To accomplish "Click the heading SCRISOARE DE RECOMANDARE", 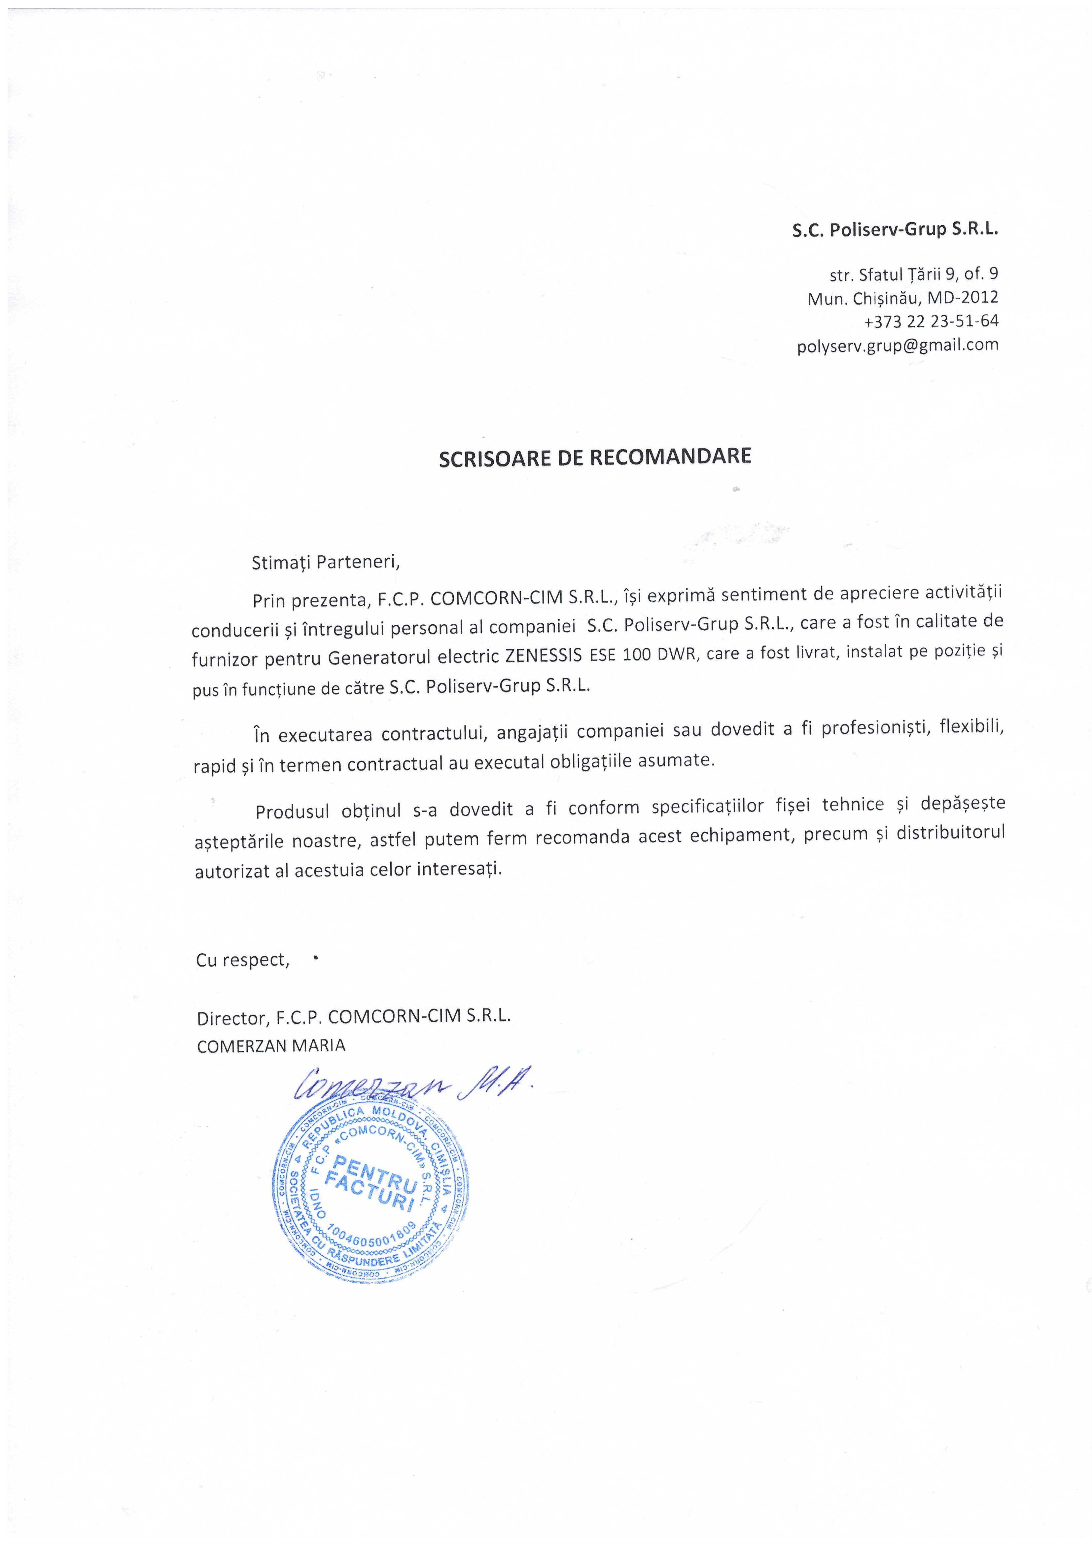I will click(595, 457).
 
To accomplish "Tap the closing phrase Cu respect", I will click(242, 960).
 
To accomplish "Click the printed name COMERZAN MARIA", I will click(271, 1046).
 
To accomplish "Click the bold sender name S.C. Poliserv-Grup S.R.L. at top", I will click(895, 230).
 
